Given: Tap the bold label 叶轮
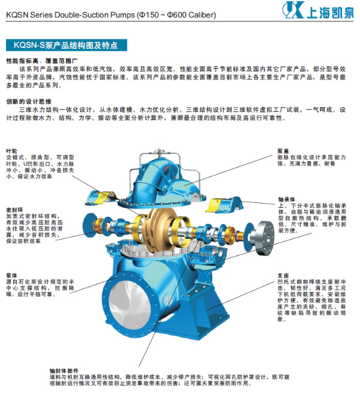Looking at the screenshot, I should (x=11, y=150).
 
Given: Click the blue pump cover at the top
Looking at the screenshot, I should (x=173, y=168).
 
